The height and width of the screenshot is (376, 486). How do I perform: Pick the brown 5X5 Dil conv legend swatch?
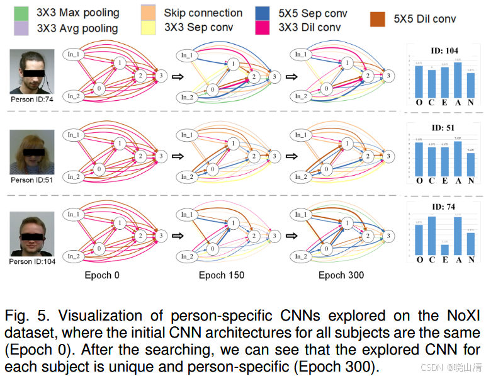380,20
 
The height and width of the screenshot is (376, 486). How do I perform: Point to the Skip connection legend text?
203,13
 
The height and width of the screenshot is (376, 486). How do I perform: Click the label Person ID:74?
32,99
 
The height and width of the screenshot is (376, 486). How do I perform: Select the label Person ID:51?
32,180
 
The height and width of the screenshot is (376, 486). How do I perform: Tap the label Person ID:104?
32,261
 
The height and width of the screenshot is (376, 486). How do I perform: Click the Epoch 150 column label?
222,275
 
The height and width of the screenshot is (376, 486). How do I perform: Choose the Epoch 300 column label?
341,275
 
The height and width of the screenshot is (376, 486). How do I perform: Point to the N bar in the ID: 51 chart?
471,163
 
